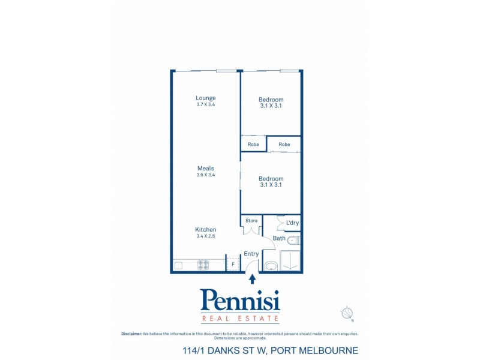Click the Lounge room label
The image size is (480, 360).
pyautogui.click(x=205, y=98)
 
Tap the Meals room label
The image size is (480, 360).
pyautogui.click(x=205, y=169)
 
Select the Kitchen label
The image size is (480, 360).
pyautogui.click(x=205, y=230)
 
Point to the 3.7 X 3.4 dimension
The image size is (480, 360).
pyautogui.click(x=205, y=105)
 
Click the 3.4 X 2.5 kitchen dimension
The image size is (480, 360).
pyautogui.click(x=205, y=236)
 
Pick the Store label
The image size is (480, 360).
pyautogui.click(x=251, y=221)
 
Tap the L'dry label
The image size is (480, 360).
pyautogui.click(x=292, y=223)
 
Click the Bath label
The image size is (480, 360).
pyautogui.click(x=279, y=238)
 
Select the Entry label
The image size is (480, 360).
pyautogui.click(x=251, y=254)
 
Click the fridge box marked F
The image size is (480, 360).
pyautogui.click(x=233, y=265)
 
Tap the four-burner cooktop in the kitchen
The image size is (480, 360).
pyautogui.click(x=203, y=265)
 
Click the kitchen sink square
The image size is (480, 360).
pyautogui.click(x=178, y=265)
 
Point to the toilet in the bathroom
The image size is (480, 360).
pyautogui.click(x=293, y=241)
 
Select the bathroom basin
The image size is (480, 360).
pyautogui.click(x=271, y=265)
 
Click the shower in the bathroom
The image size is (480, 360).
pyautogui.click(x=290, y=261)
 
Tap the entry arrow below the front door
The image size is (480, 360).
pyautogui.click(x=253, y=278)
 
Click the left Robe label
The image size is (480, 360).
pyautogui.click(x=253, y=145)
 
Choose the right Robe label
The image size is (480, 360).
pyautogui.click(x=284, y=145)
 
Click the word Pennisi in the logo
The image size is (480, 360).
pyautogui.click(x=240, y=299)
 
